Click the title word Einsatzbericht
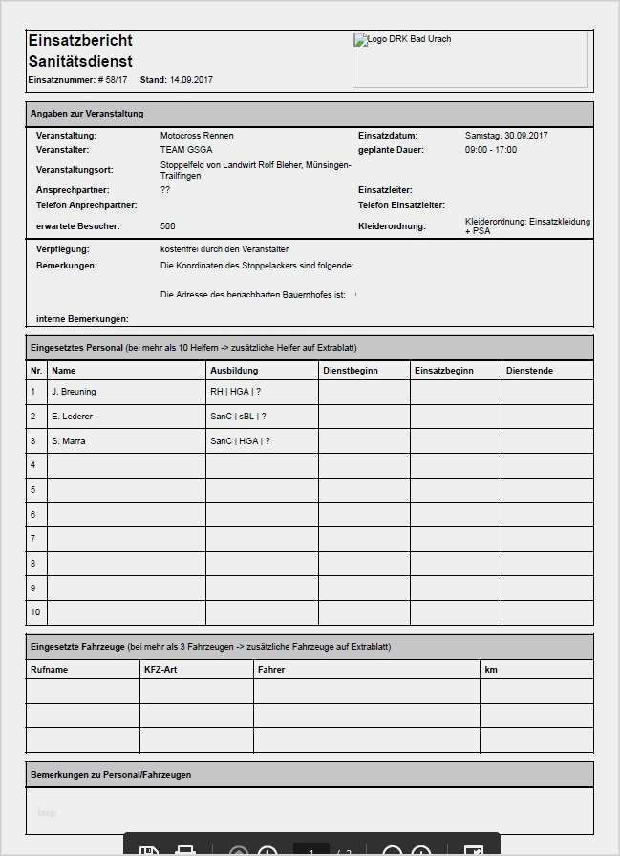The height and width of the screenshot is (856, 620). [x=80, y=40]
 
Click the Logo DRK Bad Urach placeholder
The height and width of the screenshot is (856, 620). [x=469, y=59]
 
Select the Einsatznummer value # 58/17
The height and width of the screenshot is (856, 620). [x=112, y=80]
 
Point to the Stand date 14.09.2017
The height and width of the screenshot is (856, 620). [x=191, y=80]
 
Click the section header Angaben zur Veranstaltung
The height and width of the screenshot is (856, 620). [x=87, y=114]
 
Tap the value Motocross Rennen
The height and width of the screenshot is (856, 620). [x=197, y=136]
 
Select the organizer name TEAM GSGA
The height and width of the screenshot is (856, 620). [x=186, y=150]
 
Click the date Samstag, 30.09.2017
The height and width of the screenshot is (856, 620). [x=506, y=136]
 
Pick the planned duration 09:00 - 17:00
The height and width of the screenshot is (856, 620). [x=491, y=150]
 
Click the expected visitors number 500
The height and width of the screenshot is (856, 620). [x=168, y=226]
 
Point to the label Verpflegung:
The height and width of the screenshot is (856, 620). [x=63, y=248]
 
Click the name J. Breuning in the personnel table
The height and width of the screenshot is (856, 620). [x=74, y=392]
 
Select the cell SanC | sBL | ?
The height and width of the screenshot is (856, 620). [x=238, y=417]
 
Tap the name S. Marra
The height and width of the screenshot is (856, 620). [x=69, y=441]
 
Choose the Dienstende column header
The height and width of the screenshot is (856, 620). [x=529, y=370]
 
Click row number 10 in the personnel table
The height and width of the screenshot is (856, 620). [x=35, y=612]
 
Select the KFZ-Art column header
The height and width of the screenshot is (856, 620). [x=161, y=670]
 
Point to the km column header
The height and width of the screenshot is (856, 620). [x=491, y=670]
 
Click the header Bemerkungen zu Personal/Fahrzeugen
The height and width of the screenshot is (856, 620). [x=111, y=774]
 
